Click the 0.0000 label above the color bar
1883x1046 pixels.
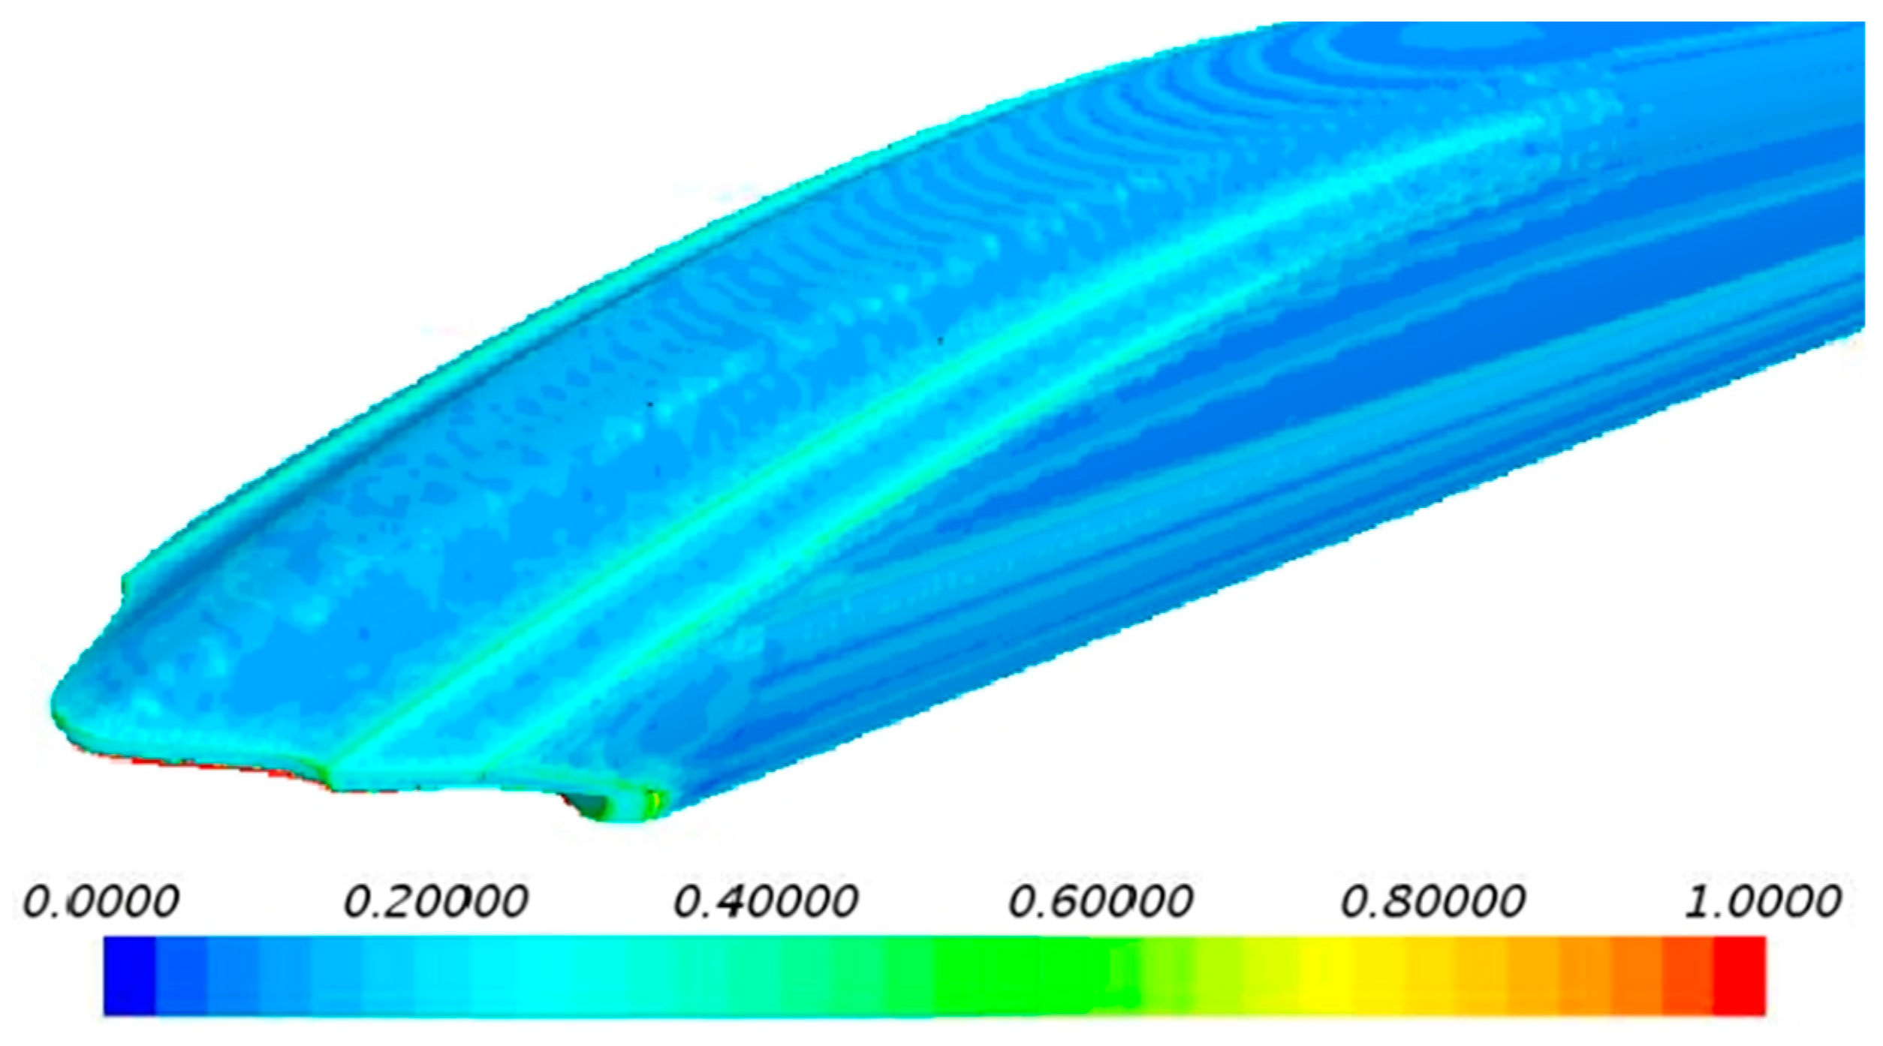pyautogui.click(x=101, y=900)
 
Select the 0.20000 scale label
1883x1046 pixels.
pyautogui.click(x=436, y=900)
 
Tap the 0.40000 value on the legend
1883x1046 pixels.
pyautogui.click(x=766, y=900)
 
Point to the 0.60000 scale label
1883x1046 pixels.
pyautogui.click(x=1101, y=900)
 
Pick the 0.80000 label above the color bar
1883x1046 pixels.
pyautogui.click(x=1433, y=900)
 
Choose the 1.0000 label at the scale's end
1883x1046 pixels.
pyautogui.click(x=1764, y=900)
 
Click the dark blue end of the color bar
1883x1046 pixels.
pyautogui.click(x=129, y=975)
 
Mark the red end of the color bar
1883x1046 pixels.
pyautogui.click(x=1739, y=975)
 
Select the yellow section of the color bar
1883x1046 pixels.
pyautogui.click(x=1321, y=975)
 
